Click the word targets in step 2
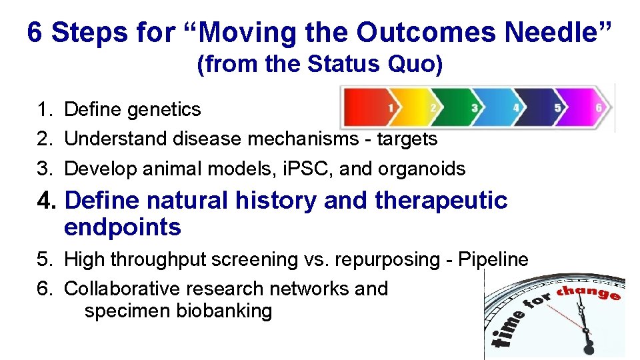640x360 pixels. (407, 139)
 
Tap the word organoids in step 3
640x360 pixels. (421, 169)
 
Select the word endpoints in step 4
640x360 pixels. (123, 227)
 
